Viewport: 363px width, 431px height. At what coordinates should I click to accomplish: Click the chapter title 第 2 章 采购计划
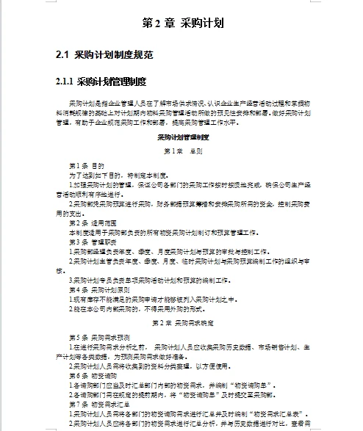pyautogui.click(x=181, y=22)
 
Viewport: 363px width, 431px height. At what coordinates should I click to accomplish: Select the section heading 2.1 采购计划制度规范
pyautogui.click(x=104, y=55)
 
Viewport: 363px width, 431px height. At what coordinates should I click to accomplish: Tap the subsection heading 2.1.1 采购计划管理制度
pyautogui.click(x=101, y=81)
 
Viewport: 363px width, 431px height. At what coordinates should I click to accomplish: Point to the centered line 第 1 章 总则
pyautogui.click(x=183, y=151)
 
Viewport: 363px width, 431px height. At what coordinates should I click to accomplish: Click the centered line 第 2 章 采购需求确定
pyautogui.click(x=183, y=322)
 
